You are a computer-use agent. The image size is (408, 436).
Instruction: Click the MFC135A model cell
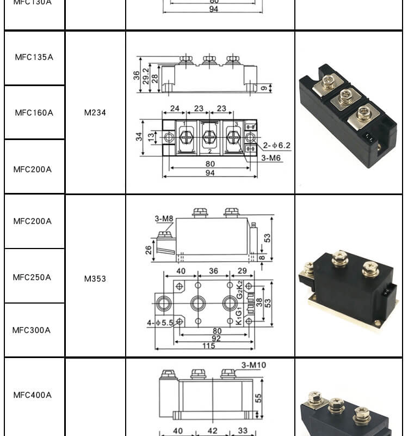(34, 57)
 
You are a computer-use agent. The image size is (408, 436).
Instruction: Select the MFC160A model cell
(34, 113)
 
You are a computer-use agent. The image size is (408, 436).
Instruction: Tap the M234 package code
(95, 113)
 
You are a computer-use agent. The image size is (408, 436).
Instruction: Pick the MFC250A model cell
(32, 277)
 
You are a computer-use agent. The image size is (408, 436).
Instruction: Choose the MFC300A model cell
(32, 330)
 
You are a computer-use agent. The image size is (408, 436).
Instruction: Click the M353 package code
(95, 278)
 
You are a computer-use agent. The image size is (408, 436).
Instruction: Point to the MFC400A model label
(33, 395)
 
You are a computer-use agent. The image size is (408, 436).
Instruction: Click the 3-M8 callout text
(164, 219)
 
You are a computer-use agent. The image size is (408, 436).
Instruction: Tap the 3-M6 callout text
(271, 158)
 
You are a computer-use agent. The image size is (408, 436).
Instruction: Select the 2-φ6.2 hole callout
(276, 146)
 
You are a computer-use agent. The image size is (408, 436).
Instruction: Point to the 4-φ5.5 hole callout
(159, 323)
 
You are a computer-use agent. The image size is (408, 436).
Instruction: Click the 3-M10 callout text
(254, 365)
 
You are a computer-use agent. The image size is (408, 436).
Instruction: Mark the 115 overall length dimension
(209, 346)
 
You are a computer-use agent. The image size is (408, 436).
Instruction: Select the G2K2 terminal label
(239, 289)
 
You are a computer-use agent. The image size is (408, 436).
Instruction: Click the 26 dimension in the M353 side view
(149, 250)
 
